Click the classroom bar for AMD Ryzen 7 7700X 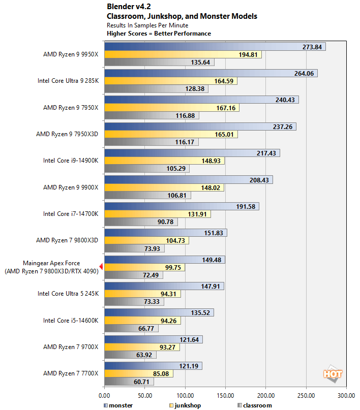122,382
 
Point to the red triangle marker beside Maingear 101,267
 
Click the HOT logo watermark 333,374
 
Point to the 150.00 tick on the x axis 225,394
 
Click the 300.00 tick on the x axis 346,394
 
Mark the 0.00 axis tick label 104,394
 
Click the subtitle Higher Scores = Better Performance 159,34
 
